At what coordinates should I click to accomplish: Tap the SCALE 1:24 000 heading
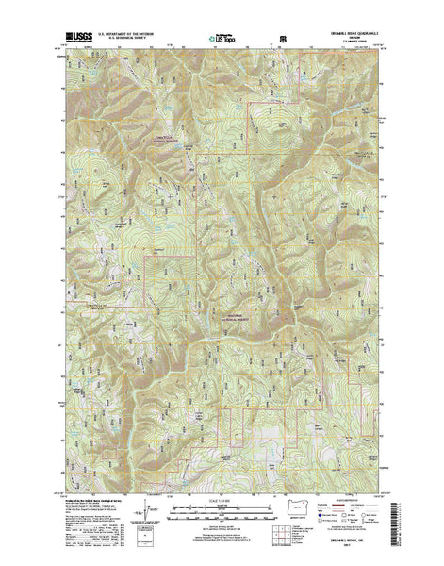[222, 499]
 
